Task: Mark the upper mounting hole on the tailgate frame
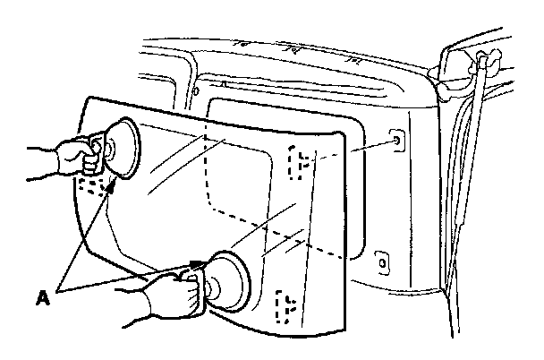click(396, 140)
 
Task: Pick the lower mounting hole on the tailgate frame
click(382, 262)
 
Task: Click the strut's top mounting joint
click(487, 62)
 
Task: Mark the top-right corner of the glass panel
click(343, 134)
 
